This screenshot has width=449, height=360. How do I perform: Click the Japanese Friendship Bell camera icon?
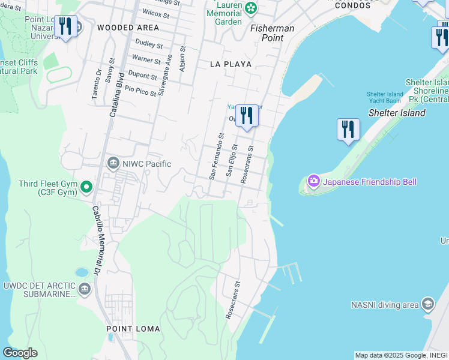[x=313, y=181]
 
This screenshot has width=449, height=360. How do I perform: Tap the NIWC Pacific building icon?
[x=113, y=163]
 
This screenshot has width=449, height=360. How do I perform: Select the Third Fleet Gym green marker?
[x=86, y=188]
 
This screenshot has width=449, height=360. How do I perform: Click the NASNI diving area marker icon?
[x=427, y=304]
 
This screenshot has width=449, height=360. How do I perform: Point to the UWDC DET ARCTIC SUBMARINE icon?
[x=84, y=289]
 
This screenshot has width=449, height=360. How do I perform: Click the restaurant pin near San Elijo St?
[x=246, y=115]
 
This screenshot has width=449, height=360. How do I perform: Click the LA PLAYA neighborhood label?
[x=231, y=64]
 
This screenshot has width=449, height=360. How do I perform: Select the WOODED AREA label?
[x=128, y=28]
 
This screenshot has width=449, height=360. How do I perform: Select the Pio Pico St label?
[x=140, y=90]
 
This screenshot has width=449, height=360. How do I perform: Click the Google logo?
[x=20, y=353]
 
